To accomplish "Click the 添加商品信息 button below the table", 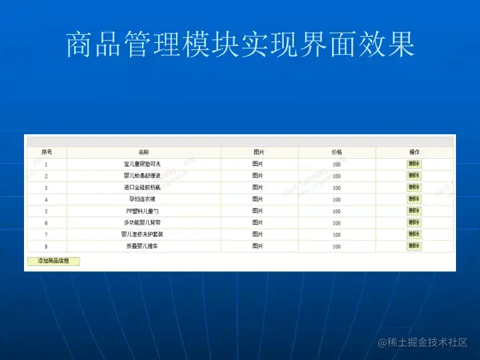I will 53,261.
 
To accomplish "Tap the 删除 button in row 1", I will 414,164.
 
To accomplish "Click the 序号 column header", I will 46,153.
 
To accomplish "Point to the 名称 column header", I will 143,153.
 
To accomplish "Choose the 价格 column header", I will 337,153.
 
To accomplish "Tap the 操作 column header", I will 414,153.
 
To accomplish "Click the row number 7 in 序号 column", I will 46,235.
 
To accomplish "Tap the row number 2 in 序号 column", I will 46,176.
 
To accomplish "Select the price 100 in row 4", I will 337,199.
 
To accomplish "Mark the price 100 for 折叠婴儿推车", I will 337,247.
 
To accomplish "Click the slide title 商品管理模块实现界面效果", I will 240,45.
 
